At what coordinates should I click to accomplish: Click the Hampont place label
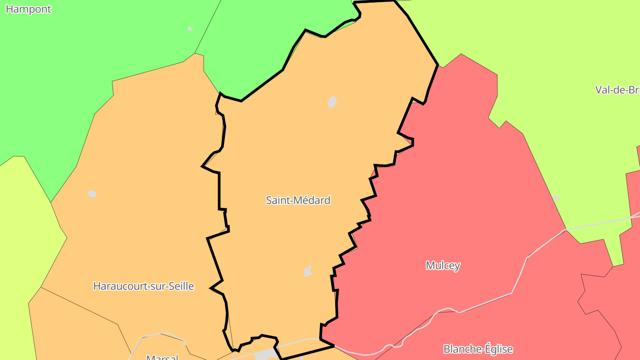[28, 9]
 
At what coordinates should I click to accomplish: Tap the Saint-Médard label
[298, 200]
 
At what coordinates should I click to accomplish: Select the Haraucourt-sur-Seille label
[144, 286]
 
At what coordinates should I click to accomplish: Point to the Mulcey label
[443, 265]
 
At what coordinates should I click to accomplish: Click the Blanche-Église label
[478, 349]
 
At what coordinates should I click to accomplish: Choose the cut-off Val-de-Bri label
[617, 90]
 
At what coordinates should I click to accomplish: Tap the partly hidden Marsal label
[162, 357]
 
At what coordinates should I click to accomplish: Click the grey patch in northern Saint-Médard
[332, 102]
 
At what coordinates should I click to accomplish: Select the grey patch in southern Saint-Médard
[308, 271]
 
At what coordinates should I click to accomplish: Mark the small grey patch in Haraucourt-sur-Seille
[92, 194]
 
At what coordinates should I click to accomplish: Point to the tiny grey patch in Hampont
[190, 28]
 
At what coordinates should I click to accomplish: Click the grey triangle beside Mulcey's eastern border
[556, 198]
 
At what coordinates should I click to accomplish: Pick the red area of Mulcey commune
[444, 200]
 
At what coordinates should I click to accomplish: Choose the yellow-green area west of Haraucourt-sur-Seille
[22, 244]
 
